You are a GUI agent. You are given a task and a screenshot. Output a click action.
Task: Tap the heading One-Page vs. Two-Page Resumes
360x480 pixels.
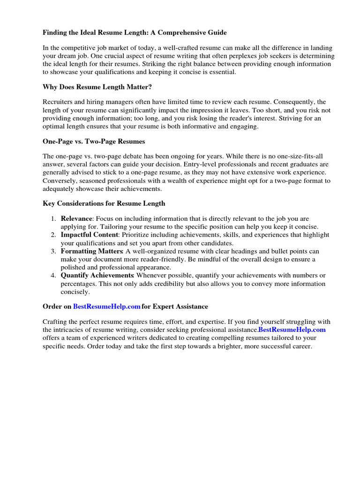coord(94,141)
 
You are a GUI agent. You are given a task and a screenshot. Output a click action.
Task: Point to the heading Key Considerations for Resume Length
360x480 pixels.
coord(104,203)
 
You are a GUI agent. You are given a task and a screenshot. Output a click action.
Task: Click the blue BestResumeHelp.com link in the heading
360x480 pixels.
coord(107,307)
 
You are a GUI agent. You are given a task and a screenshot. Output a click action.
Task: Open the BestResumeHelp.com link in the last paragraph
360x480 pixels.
coord(292,330)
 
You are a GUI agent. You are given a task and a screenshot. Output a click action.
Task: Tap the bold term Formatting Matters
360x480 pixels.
coord(92,252)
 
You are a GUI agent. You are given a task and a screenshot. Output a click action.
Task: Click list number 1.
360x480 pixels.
coord(53,219)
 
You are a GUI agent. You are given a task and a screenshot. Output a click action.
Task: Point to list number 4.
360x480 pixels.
coord(53,275)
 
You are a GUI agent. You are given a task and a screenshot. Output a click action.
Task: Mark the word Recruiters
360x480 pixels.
coord(59,102)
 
